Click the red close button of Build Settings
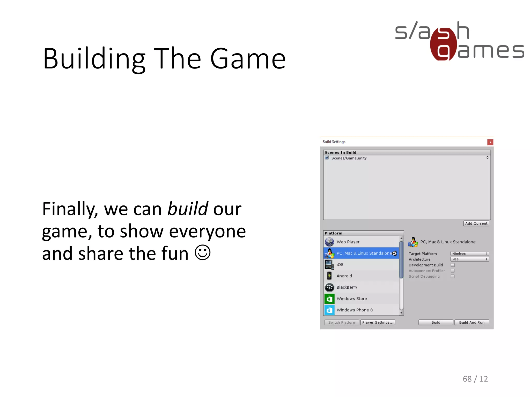pos(490,142)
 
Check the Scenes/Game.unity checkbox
pos(327,158)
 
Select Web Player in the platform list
pos(348,242)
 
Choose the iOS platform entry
pos(340,265)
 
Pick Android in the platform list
pos(344,276)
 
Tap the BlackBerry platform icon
pos(329,287)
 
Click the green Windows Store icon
pos(329,299)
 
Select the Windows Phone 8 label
pos(355,310)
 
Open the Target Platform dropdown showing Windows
pos(469,254)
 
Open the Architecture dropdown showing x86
pos(469,259)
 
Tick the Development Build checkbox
pos(453,265)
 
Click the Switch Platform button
pos(342,322)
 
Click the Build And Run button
pos(472,322)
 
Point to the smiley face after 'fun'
pos(203,253)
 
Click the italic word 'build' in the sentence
pos(188,209)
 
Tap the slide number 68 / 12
pos(475,379)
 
